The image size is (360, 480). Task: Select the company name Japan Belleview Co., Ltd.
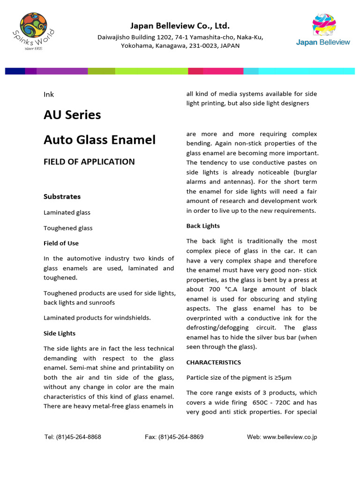pos(180,26)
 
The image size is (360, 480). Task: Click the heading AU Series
pos(72,115)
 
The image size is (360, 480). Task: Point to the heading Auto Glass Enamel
pos(99,140)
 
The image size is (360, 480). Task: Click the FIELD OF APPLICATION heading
pos(89,162)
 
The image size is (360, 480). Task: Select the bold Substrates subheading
pos(62,196)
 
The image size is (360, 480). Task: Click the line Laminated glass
pos(67,212)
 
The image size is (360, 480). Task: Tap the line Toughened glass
pos(68,228)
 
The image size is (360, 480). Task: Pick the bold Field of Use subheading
pos(61,243)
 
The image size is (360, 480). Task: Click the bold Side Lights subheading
pos(60,333)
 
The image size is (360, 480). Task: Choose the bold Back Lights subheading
pos(203,226)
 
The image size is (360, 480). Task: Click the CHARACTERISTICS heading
pos(214,362)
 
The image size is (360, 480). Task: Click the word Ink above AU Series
pos(49,95)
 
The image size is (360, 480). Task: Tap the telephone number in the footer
pos(78,437)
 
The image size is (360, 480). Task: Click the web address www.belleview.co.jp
pos(290,437)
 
